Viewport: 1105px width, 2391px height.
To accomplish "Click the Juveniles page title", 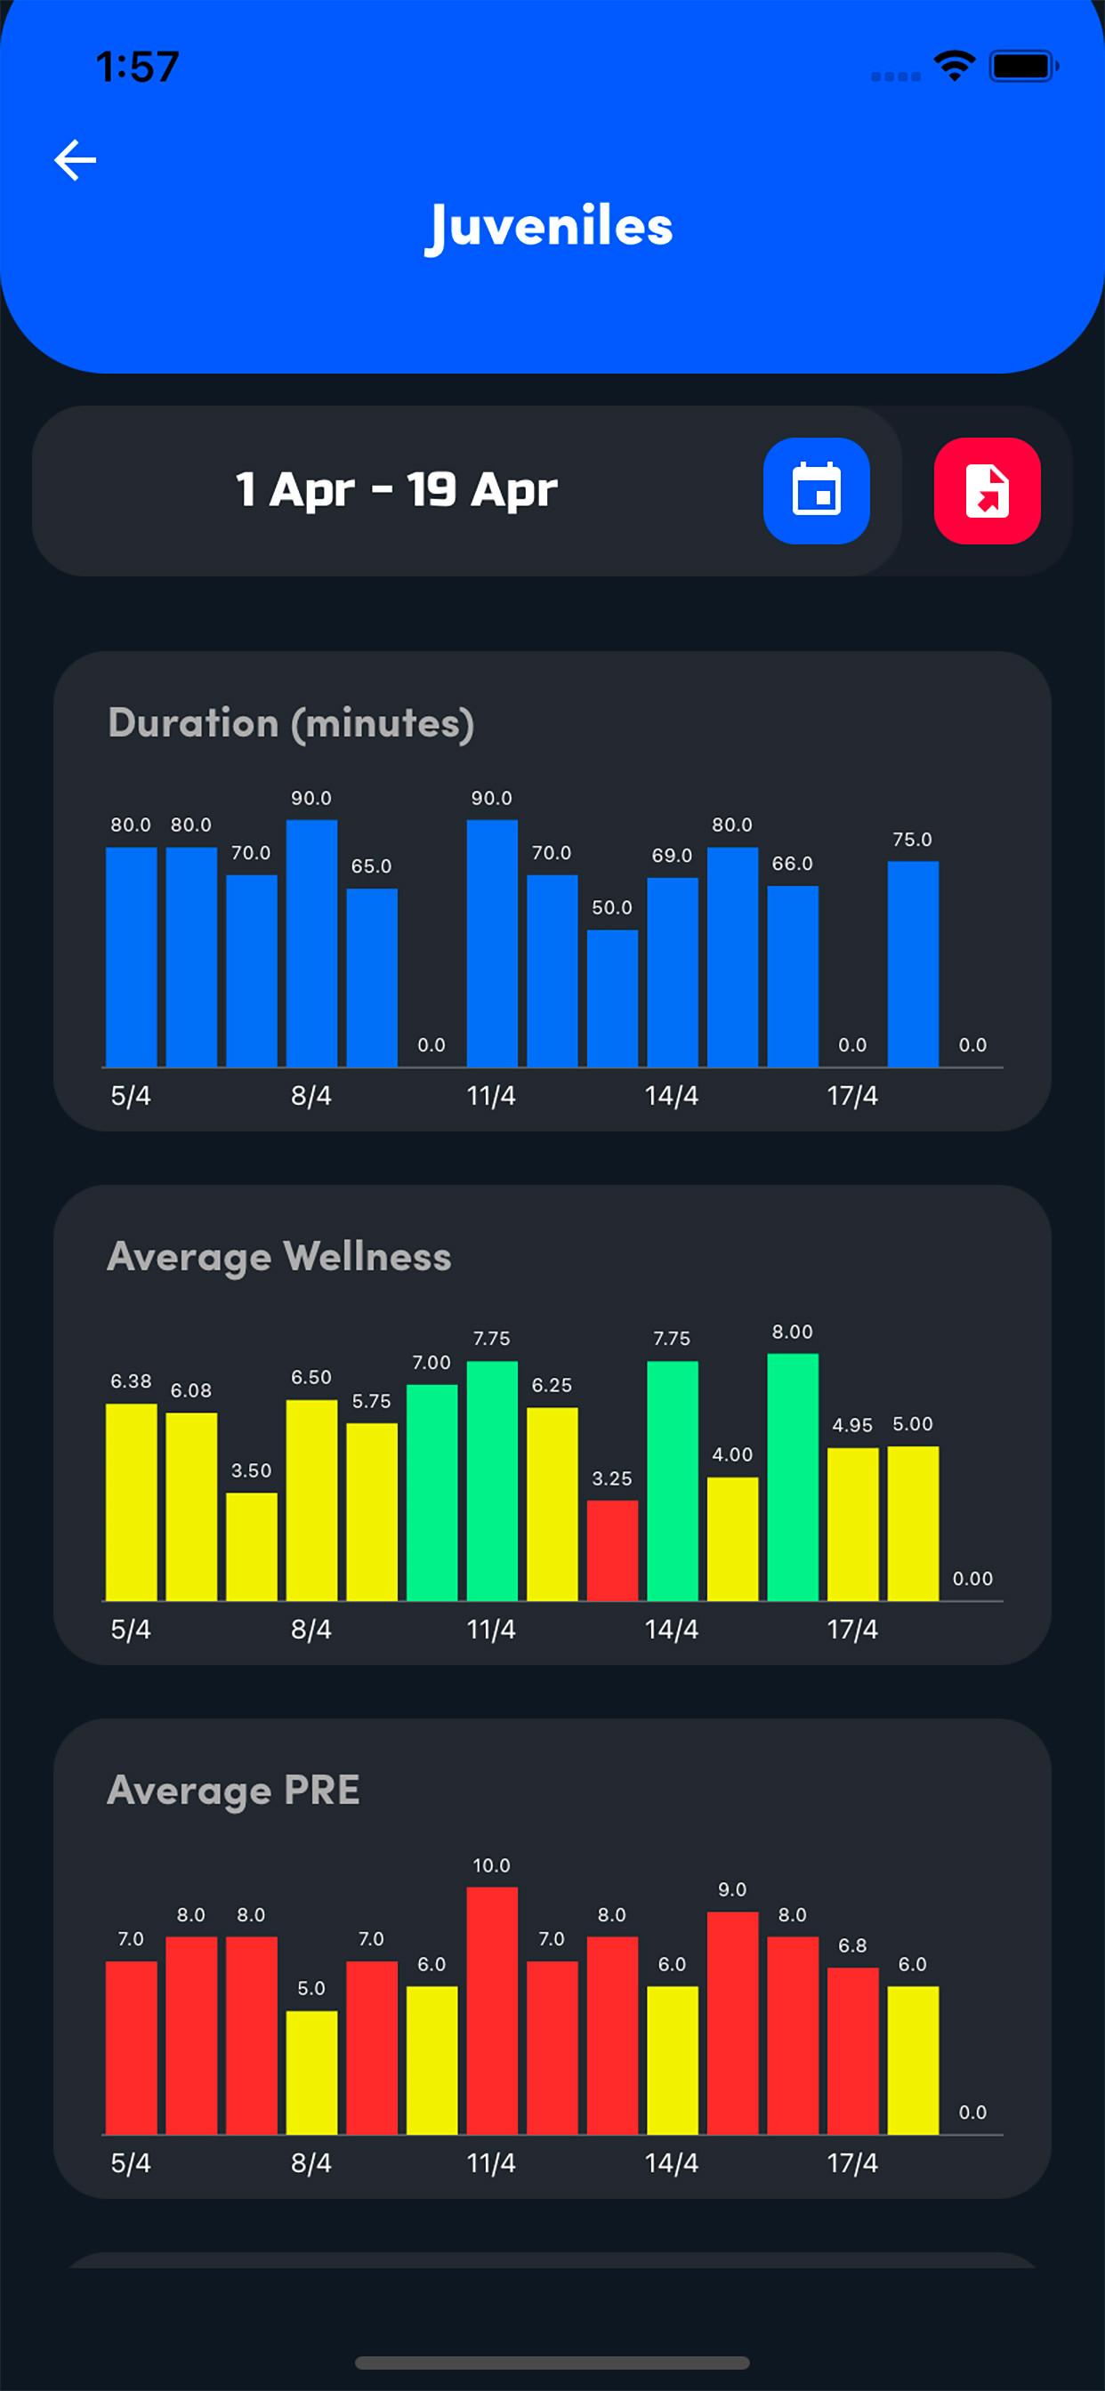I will (x=550, y=228).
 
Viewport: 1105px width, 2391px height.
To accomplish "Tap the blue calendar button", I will (x=816, y=490).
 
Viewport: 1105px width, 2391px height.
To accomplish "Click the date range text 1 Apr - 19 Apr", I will (x=397, y=489).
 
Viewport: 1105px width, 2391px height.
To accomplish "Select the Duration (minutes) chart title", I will (x=291, y=723).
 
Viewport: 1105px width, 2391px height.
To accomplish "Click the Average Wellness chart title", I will (x=278, y=1256).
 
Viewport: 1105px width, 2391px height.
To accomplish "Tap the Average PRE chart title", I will (x=233, y=1790).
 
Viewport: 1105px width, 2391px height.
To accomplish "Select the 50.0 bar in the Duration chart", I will (x=612, y=998).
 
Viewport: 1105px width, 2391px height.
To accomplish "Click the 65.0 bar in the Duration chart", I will (x=371, y=977).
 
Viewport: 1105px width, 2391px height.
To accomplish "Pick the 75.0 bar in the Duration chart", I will (x=913, y=963).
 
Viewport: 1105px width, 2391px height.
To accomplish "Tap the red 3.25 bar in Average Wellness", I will (x=612, y=1550).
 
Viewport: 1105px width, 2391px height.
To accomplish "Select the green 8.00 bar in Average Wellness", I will (x=792, y=1476).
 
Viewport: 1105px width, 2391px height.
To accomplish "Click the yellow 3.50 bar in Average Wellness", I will (x=252, y=1545).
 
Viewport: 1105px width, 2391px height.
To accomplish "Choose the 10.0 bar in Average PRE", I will (x=491, y=2009).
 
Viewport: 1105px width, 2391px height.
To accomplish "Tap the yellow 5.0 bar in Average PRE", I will (x=311, y=2072).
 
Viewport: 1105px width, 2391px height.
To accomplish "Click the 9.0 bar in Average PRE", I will (x=731, y=2024).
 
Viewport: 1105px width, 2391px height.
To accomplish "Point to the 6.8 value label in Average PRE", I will (x=851, y=1944).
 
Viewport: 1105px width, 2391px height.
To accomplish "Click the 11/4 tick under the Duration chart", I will (x=490, y=1096).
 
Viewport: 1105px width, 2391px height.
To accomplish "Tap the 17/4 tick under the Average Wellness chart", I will (x=851, y=1629).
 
